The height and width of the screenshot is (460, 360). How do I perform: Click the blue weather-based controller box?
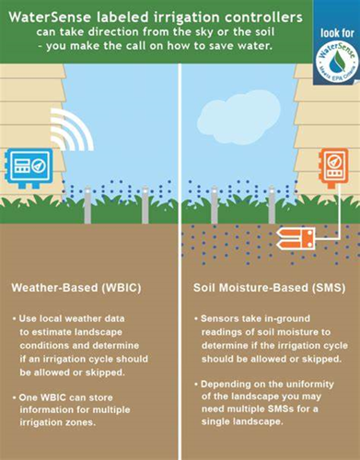click(x=29, y=172)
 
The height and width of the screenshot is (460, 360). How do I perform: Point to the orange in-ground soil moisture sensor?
click(x=296, y=240)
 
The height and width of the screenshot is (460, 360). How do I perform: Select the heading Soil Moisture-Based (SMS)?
click(x=255, y=288)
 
